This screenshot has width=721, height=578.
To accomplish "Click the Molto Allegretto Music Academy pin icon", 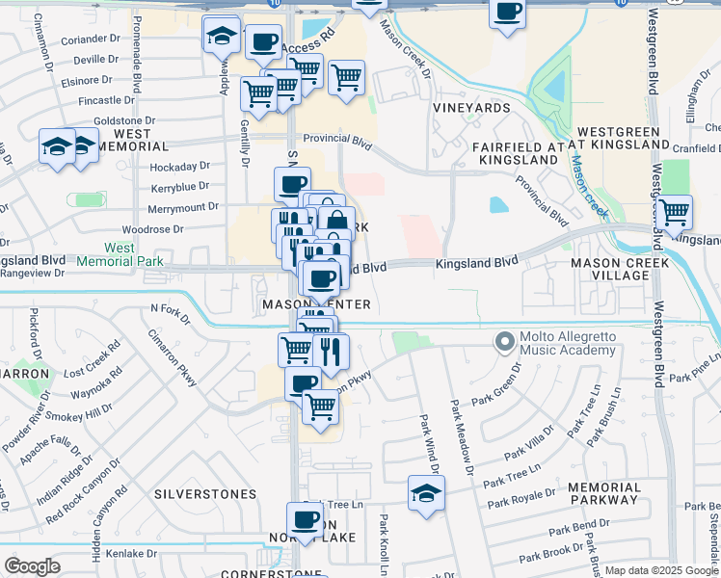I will coord(503,342).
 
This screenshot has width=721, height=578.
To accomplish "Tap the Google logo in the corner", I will coord(32,566).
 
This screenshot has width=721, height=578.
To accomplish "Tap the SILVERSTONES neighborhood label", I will coord(205,494).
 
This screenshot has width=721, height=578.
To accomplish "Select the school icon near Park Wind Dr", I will coord(425,492).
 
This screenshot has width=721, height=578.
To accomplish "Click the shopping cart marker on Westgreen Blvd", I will coord(673,211).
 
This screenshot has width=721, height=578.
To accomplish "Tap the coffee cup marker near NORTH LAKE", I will coord(306,519).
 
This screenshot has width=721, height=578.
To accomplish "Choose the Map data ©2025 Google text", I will coord(661,570).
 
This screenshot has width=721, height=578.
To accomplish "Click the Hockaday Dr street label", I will coord(179,167).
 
